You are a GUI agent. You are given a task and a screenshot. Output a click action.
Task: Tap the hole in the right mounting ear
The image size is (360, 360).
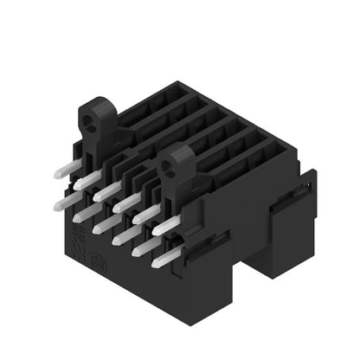(181, 159)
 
